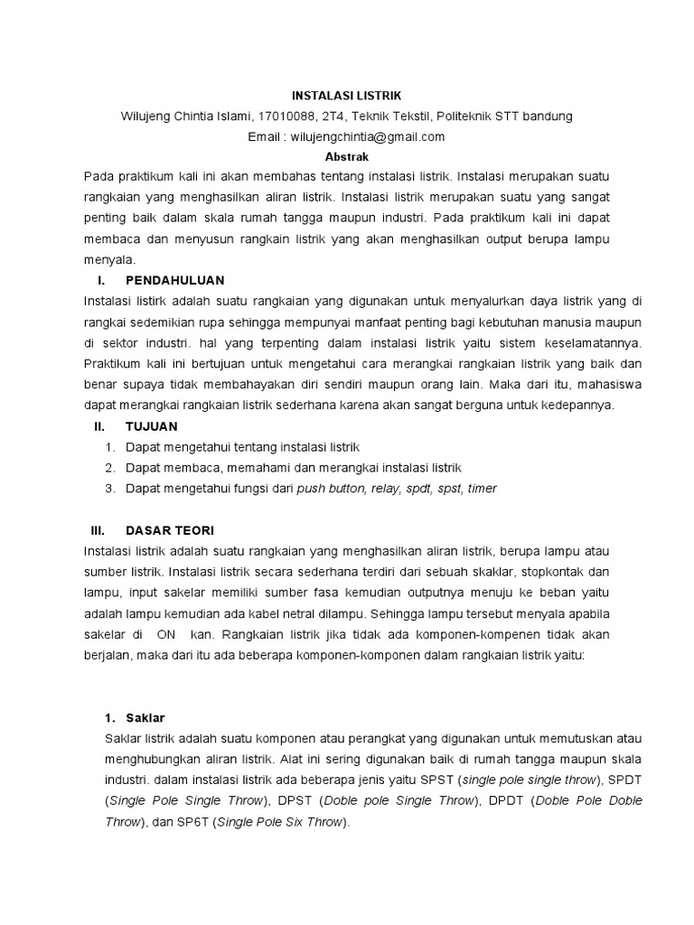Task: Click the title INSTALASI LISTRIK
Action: pos(346,95)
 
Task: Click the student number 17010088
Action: pos(287,117)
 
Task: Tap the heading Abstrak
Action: pos(346,155)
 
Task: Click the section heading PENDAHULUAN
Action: pos(175,280)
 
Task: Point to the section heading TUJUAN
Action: pos(151,425)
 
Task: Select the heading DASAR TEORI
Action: pos(170,529)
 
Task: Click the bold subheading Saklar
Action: pos(145,718)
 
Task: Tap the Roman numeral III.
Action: pos(99,529)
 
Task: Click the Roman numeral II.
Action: pos(100,425)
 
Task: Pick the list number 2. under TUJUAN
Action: pos(109,468)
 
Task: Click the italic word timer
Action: pos(483,489)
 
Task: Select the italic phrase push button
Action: pos(330,489)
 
